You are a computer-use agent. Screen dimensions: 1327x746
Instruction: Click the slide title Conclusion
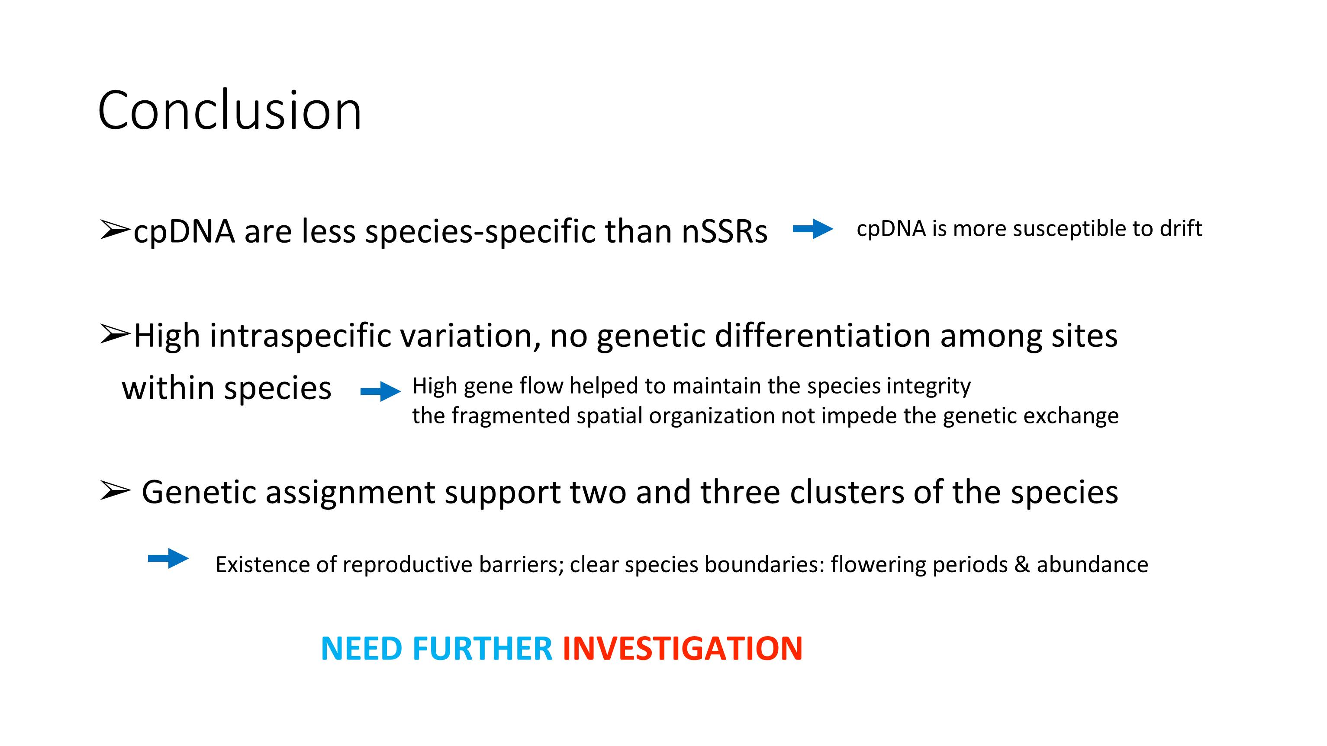pos(230,110)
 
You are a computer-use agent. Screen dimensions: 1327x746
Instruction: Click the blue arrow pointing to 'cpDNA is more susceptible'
pos(813,229)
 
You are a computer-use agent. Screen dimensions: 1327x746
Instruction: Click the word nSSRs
pos(724,231)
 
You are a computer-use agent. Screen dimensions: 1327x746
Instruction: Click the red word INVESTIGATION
pos(683,648)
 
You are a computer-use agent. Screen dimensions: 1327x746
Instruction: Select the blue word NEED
pos(361,648)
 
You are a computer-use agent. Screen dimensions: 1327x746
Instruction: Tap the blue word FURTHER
pos(482,648)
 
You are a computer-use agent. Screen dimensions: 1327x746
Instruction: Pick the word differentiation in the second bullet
pos(823,336)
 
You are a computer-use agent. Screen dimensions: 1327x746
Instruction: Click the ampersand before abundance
pos(1022,565)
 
